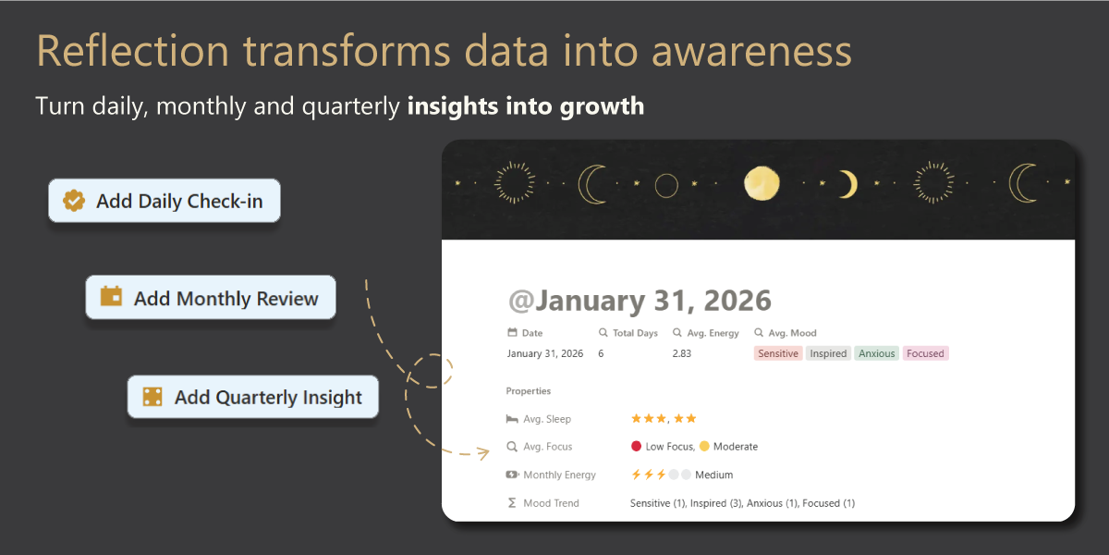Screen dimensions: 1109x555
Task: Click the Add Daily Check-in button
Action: [x=165, y=201]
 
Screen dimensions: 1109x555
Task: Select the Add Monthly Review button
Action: [x=211, y=297]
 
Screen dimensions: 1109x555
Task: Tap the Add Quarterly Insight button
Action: [x=253, y=397]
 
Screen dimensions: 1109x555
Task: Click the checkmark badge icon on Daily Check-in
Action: [x=74, y=201]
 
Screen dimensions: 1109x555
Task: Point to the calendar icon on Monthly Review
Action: [x=112, y=296]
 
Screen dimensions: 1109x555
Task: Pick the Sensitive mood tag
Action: [x=778, y=353]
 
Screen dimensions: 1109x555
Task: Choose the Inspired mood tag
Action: [x=828, y=353]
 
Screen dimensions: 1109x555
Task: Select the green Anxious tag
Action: [x=876, y=353]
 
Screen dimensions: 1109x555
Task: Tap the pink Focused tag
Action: [x=925, y=353]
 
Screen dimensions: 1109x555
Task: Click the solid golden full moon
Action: [x=762, y=183]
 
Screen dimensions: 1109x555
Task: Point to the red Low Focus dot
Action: [x=636, y=446]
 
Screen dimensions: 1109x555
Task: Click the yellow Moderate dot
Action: [x=704, y=446]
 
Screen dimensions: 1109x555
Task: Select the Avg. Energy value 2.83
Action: [x=682, y=353]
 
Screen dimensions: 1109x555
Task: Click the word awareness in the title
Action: [x=751, y=51]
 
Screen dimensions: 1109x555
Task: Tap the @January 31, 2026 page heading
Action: [x=640, y=301]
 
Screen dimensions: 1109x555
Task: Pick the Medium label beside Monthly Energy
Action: [x=713, y=475]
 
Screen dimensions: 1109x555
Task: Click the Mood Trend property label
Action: [x=551, y=503]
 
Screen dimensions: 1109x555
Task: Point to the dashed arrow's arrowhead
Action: [x=483, y=452]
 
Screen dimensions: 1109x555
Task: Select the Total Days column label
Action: [x=635, y=333]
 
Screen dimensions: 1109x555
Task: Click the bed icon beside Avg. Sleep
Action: [x=512, y=419]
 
